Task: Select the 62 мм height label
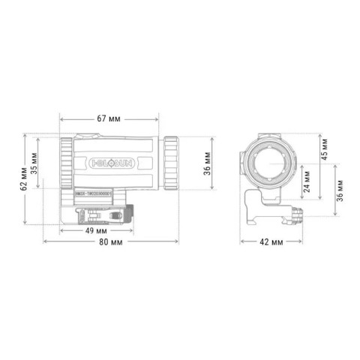[25, 179]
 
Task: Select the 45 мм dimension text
[323, 152]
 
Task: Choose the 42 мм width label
[271, 242]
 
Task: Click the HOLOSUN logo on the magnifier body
[109, 160]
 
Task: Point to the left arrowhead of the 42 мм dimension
[241, 242]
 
